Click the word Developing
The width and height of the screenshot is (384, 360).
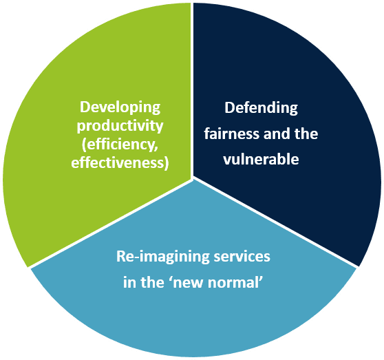(x=120, y=108)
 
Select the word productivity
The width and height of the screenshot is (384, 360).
(x=120, y=127)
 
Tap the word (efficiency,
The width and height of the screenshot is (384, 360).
(x=120, y=145)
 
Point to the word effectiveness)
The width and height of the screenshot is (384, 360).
(x=120, y=163)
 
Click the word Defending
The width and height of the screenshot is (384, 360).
(x=261, y=108)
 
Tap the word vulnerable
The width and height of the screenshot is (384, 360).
(x=261, y=160)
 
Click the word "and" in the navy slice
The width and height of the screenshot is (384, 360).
(x=277, y=134)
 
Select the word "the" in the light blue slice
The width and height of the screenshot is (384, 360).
(x=152, y=282)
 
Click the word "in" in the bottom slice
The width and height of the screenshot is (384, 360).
(x=129, y=282)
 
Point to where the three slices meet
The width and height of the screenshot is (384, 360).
(x=192, y=178)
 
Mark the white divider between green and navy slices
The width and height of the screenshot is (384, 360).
(x=192, y=90)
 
